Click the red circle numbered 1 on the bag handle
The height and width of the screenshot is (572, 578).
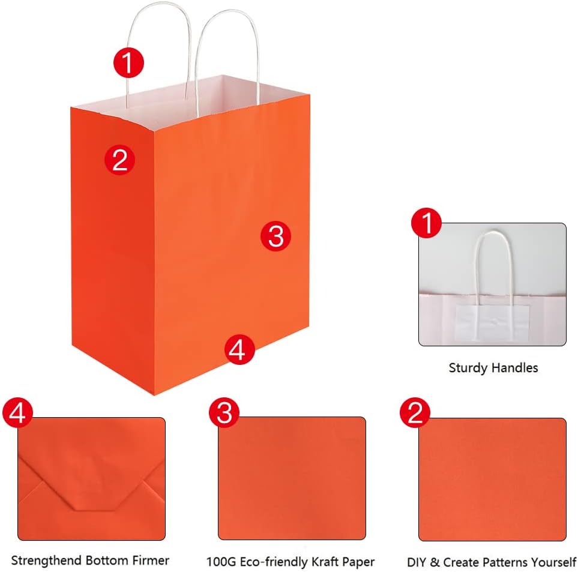point(128,62)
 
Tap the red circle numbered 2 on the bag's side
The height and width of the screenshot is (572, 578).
point(119,160)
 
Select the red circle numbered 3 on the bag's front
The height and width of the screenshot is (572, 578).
point(275,236)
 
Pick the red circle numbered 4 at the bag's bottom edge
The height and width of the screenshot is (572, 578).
point(239,349)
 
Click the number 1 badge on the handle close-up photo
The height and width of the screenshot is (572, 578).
point(427,223)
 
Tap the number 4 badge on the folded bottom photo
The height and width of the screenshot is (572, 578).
point(17,412)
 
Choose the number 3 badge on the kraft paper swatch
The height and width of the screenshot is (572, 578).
point(224,412)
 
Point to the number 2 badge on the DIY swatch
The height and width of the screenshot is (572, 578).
point(415,412)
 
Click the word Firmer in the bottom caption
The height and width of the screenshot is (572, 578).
point(151,560)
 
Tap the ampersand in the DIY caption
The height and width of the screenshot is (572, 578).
point(435,562)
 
